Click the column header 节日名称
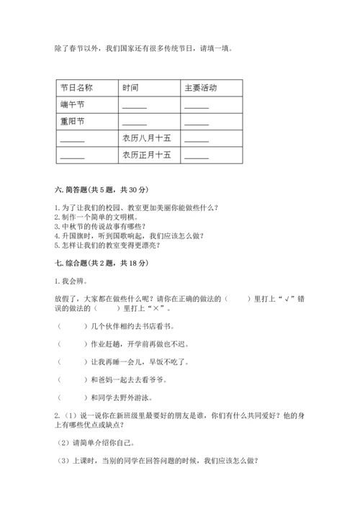(76, 88)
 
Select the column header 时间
(130, 88)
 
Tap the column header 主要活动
(200, 88)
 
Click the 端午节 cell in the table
(73, 104)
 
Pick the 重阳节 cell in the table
(73, 121)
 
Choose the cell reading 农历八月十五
(147, 138)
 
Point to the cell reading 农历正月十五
(147, 154)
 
